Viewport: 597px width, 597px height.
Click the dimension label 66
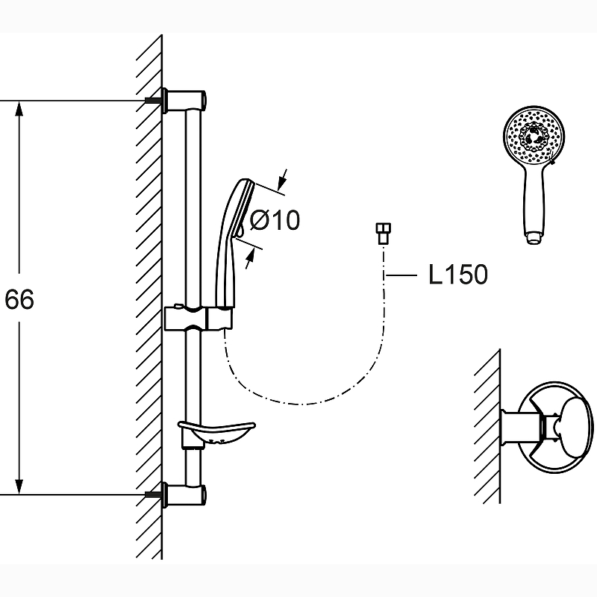point(19,299)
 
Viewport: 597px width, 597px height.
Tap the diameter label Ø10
point(274,220)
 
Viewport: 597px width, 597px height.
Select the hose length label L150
point(457,275)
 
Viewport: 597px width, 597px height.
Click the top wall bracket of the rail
point(186,100)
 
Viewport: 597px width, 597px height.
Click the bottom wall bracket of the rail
point(186,494)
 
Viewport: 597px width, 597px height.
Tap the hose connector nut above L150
point(383,234)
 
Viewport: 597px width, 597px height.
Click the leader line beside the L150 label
point(402,275)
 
